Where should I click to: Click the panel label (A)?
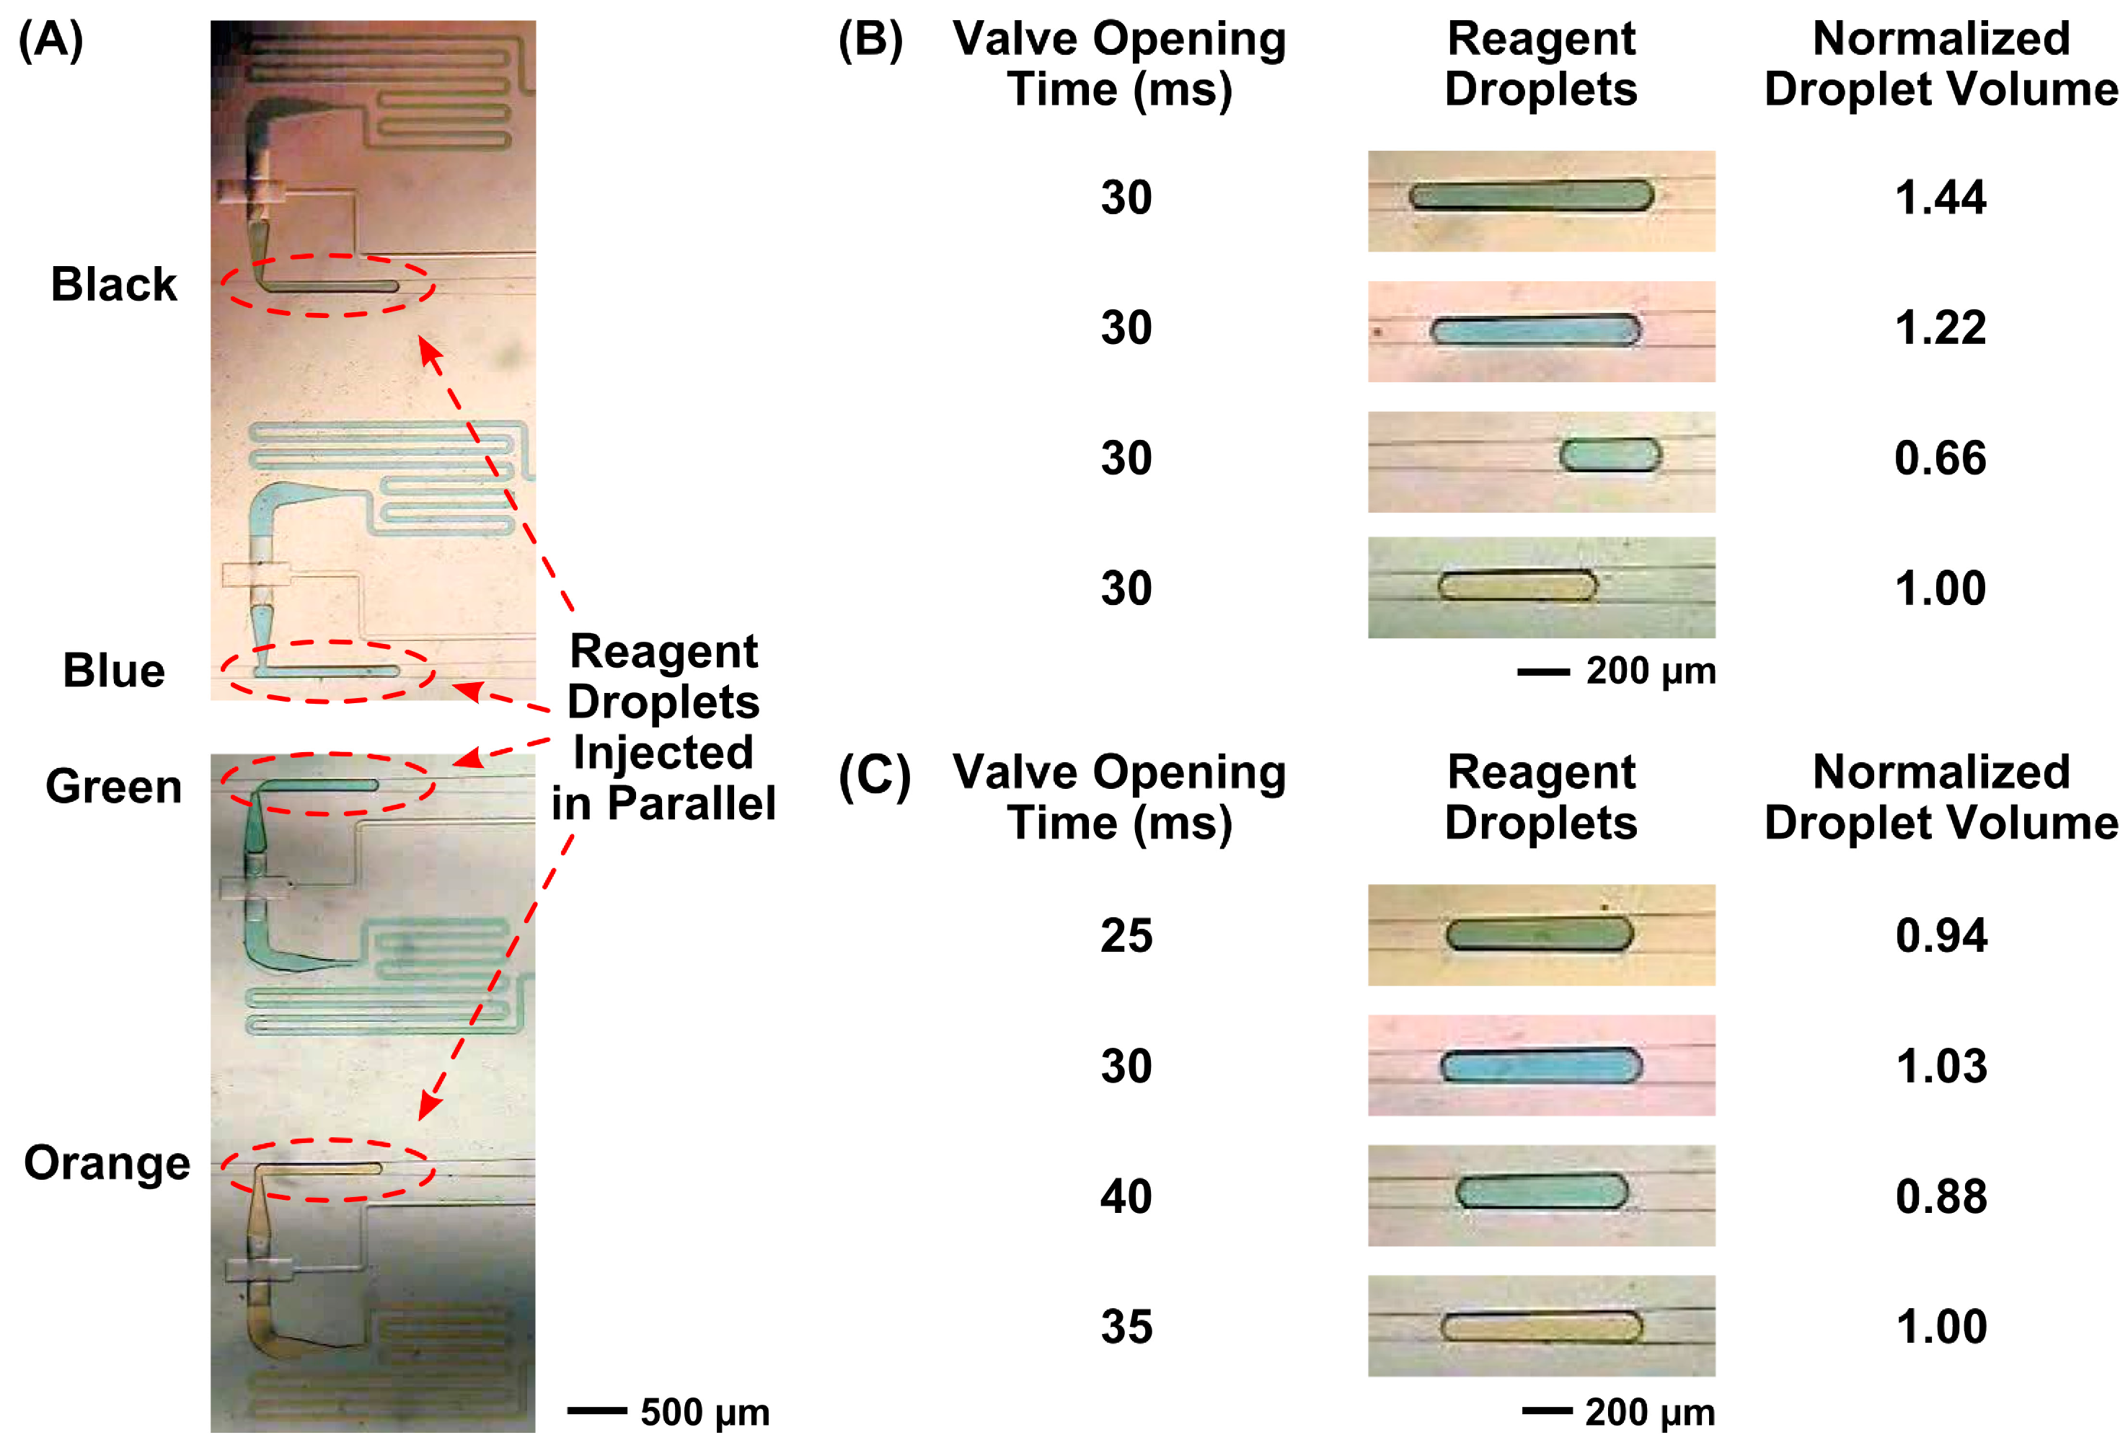[51, 40]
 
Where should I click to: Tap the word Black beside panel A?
[113, 284]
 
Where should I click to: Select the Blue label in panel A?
[113, 671]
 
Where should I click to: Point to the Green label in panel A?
[113, 787]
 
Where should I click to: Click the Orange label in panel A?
[107, 1163]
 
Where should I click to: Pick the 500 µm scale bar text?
[704, 1411]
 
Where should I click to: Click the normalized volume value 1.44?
[1941, 198]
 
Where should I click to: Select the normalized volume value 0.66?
[1941, 458]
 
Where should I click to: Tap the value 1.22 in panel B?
[1941, 328]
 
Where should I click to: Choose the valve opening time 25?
[1126, 936]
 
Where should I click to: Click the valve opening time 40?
[1126, 1196]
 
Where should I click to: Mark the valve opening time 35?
[1126, 1326]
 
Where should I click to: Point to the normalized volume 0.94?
[1941, 936]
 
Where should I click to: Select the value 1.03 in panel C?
[1941, 1066]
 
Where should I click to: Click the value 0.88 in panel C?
[1941, 1196]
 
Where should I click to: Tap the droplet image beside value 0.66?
[1609, 455]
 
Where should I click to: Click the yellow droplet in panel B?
[1516, 586]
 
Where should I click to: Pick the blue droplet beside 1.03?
[1541, 1066]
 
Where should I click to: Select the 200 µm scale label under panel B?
[1650, 671]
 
